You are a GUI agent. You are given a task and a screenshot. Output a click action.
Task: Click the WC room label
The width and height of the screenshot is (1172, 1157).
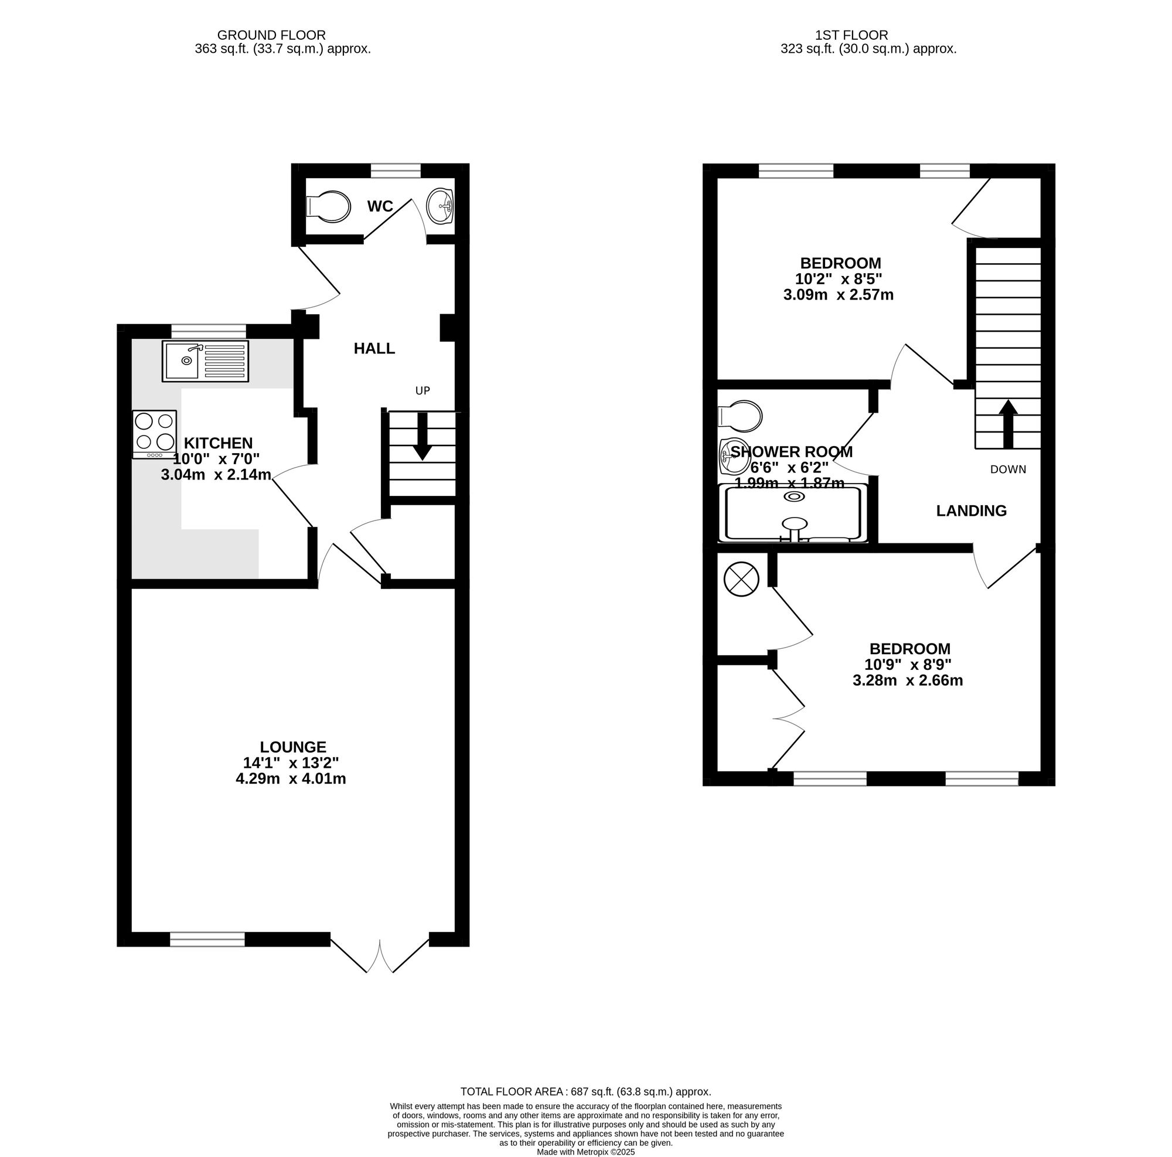(x=380, y=207)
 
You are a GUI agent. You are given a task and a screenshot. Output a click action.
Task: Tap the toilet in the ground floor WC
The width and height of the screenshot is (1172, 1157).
(x=330, y=206)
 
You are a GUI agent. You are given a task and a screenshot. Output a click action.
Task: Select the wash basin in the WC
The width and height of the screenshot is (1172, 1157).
(x=441, y=206)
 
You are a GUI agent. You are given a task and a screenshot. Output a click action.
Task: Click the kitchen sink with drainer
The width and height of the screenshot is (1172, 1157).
(x=205, y=362)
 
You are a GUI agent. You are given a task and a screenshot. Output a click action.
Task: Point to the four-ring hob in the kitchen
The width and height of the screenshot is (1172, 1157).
(x=155, y=433)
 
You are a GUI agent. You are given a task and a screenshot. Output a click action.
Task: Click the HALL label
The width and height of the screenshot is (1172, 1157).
(x=374, y=349)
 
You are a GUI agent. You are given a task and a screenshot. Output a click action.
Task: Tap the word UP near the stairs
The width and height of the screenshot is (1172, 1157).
(x=423, y=391)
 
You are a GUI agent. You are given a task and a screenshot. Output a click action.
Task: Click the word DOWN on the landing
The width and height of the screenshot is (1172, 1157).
(x=1008, y=469)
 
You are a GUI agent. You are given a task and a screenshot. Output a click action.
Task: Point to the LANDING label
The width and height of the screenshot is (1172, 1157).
(x=971, y=511)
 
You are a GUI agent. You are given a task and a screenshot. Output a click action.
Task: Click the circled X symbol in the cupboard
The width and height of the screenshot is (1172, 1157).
(x=741, y=578)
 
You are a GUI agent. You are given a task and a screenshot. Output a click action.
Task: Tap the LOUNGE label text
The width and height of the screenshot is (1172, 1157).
(x=293, y=747)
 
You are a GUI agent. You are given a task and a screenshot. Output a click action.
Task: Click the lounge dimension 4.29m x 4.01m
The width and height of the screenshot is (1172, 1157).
(x=291, y=779)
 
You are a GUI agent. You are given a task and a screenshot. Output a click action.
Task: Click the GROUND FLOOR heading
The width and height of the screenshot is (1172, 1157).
(x=271, y=35)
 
